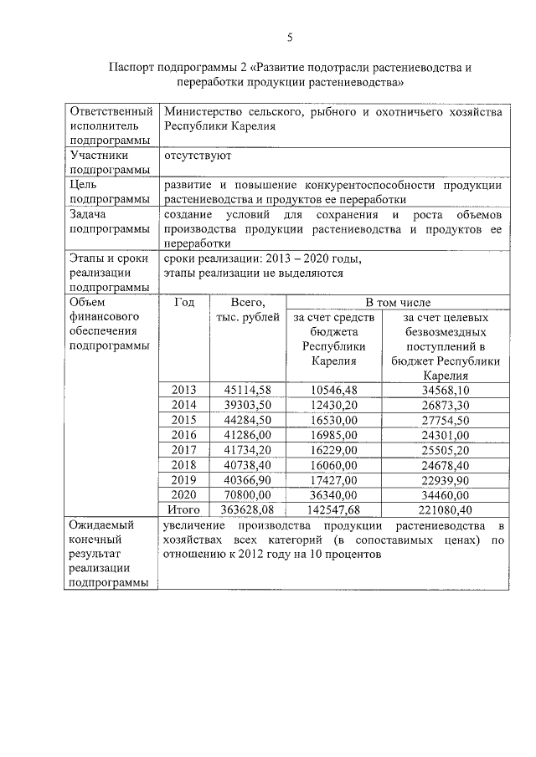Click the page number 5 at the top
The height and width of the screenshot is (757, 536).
290,37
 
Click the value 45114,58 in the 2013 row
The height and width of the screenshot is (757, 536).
248,390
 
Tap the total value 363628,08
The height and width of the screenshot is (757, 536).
248,509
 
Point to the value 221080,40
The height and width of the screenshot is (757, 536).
446,509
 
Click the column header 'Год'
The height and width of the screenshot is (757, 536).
184,302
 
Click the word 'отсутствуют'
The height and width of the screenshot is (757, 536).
198,156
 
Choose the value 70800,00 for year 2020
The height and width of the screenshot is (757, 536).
248,494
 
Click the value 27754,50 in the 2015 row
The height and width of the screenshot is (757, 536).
446,420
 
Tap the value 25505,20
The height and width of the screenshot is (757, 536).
446,450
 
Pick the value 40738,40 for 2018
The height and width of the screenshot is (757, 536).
248,464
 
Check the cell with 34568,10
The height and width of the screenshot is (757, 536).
446,390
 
